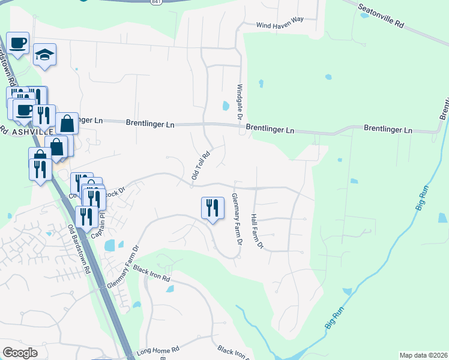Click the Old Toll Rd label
coord(200,165)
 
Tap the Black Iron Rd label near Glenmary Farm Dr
coord(152,273)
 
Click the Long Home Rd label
coord(158,350)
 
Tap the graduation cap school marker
coord(44,55)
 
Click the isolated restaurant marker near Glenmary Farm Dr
coord(212,208)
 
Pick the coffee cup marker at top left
coord(18,43)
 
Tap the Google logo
coord(20,352)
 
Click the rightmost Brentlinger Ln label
coord(388,129)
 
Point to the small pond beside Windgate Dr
coord(226,106)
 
